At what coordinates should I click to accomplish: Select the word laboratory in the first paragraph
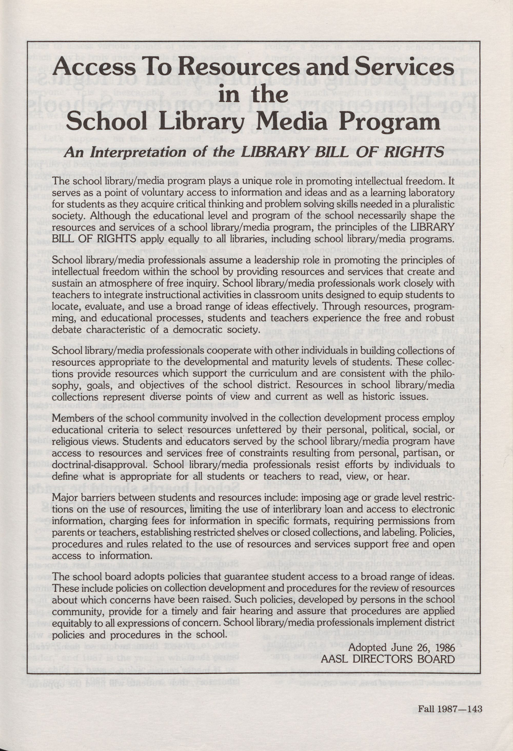[x=430, y=193]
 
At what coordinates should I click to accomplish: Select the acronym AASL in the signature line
[x=336, y=650]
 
